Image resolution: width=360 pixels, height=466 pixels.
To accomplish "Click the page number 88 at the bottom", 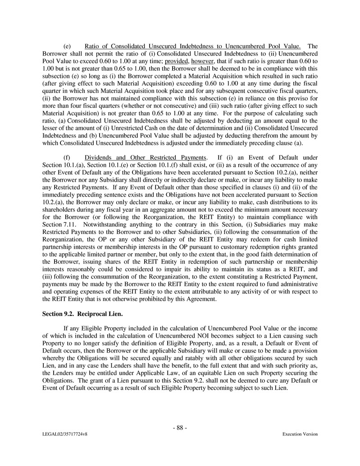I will tap(180, 428).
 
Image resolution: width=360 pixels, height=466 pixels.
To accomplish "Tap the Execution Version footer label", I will tap(300, 434).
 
